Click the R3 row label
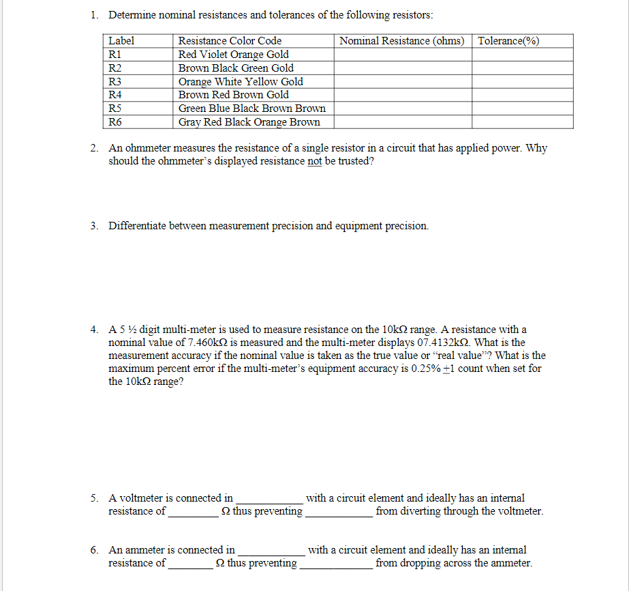coord(115,81)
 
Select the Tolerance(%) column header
coord(509,41)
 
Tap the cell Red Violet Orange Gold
coord(233,55)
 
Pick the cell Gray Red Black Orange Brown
coord(249,122)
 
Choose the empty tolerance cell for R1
coord(523,55)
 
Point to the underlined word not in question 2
coord(314,162)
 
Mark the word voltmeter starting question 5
coord(142,498)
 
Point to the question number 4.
coord(94,330)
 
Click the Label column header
coord(122,41)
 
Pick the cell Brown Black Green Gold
coord(236,68)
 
